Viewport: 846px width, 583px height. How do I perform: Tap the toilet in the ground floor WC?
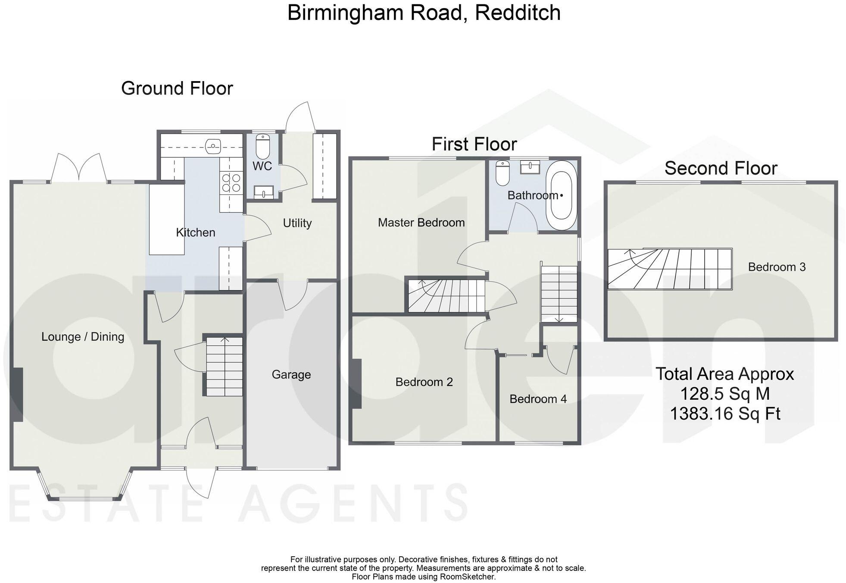(262, 146)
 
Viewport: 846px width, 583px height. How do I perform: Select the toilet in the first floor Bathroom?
(503, 173)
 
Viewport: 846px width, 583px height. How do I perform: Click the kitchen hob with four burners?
(231, 182)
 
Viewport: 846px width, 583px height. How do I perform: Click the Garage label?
(291, 374)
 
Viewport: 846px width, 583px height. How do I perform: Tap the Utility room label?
(297, 223)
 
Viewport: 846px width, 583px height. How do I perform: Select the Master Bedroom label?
(421, 223)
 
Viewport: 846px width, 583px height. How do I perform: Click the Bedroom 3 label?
(777, 267)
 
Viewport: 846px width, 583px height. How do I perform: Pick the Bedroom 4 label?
(538, 399)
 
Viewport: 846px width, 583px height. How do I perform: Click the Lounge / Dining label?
(83, 337)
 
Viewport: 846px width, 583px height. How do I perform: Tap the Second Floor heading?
(721, 168)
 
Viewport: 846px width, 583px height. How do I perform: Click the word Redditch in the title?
(517, 13)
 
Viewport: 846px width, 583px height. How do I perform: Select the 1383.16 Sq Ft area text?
(725, 414)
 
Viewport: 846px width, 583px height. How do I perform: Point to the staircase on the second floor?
(670, 269)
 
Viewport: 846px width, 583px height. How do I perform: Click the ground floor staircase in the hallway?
(224, 367)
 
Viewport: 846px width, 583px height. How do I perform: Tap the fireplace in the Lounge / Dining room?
(17, 395)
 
